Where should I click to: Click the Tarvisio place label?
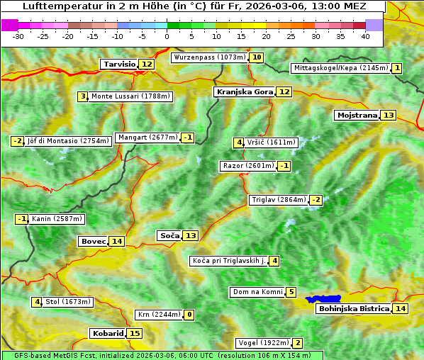click(x=119, y=64)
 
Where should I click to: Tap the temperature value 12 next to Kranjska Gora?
click(x=284, y=91)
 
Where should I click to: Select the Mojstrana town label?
click(x=357, y=115)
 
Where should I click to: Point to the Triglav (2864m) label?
click(x=279, y=200)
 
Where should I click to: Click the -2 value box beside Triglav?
click(x=316, y=200)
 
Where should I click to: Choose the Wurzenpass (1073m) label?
click(x=210, y=57)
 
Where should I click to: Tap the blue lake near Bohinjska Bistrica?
click(x=324, y=300)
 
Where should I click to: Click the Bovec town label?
click(x=93, y=241)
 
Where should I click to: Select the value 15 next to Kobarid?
click(x=135, y=333)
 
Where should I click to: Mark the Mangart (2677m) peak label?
click(x=147, y=137)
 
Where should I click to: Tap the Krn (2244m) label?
click(x=158, y=315)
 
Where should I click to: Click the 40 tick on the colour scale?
click(x=365, y=36)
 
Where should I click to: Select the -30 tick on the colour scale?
click(x=18, y=36)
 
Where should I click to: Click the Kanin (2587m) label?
click(x=57, y=219)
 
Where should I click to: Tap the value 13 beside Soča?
click(x=191, y=235)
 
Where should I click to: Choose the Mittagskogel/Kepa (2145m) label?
click(x=340, y=68)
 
